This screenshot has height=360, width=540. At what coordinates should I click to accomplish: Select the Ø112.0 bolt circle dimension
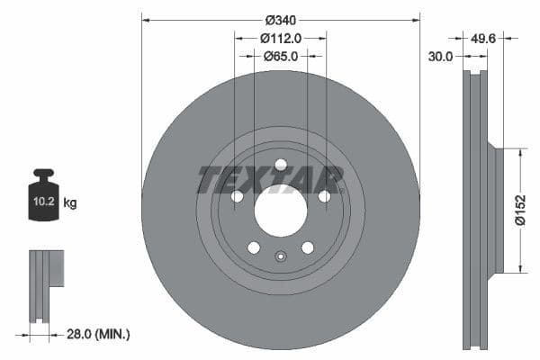pos(281,38)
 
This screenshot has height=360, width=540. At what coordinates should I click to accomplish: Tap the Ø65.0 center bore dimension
pos(281,56)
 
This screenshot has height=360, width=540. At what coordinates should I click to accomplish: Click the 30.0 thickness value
pos(440,56)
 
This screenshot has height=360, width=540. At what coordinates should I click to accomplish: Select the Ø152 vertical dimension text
pos(521,210)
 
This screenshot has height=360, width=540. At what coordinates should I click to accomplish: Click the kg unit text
pos(70,203)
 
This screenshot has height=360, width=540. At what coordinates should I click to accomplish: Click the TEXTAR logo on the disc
pos(270,180)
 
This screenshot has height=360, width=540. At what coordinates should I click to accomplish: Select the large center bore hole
pos(281,212)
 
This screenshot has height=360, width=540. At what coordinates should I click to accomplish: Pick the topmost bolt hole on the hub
pos(281,165)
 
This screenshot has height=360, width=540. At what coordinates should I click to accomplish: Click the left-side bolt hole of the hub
pos(238,196)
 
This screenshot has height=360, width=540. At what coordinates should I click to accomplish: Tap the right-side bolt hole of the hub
pos(324,196)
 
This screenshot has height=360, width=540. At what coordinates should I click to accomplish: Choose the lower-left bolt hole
pos(254,247)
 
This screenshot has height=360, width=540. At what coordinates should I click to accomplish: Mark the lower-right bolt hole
pos(308,247)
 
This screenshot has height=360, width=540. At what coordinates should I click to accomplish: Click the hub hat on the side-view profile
pos(494,210)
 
